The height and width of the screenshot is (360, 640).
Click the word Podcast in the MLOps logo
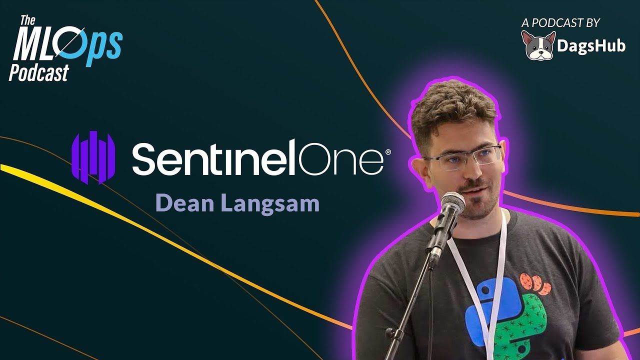point(39,72)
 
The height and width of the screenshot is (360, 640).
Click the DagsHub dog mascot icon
point(538,45)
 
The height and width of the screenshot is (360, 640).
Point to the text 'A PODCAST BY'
point(560,23)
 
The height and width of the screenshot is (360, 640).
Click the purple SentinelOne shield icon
point(93,157)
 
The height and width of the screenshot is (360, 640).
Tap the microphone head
point(453,205)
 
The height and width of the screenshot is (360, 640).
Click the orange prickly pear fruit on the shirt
point(535,283)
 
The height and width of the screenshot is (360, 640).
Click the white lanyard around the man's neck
point(480,277)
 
